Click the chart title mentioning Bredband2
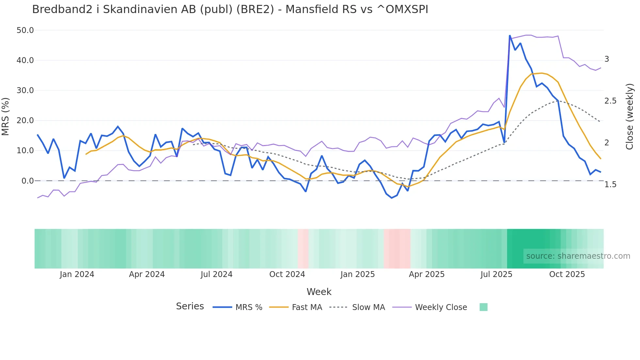tap(230, 9)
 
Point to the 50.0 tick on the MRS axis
tap(25, 30)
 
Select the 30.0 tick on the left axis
tap(25, 90)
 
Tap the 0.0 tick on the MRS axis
tap(27, 181)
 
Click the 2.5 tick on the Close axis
tap(610, 101)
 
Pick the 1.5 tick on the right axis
tap(610, 185)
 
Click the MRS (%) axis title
tap(6, 117)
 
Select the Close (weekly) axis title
tap(629, 117)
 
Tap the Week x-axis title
tap(319, 292)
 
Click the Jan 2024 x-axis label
tap(77, 274)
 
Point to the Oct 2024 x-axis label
tap(287, 274)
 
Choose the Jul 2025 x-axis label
tap(496, 274)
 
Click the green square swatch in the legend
tap(483, 307)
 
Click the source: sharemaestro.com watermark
tap(578, 256)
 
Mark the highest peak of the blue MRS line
tap(510, 36)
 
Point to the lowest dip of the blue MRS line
tap(392, 198)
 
